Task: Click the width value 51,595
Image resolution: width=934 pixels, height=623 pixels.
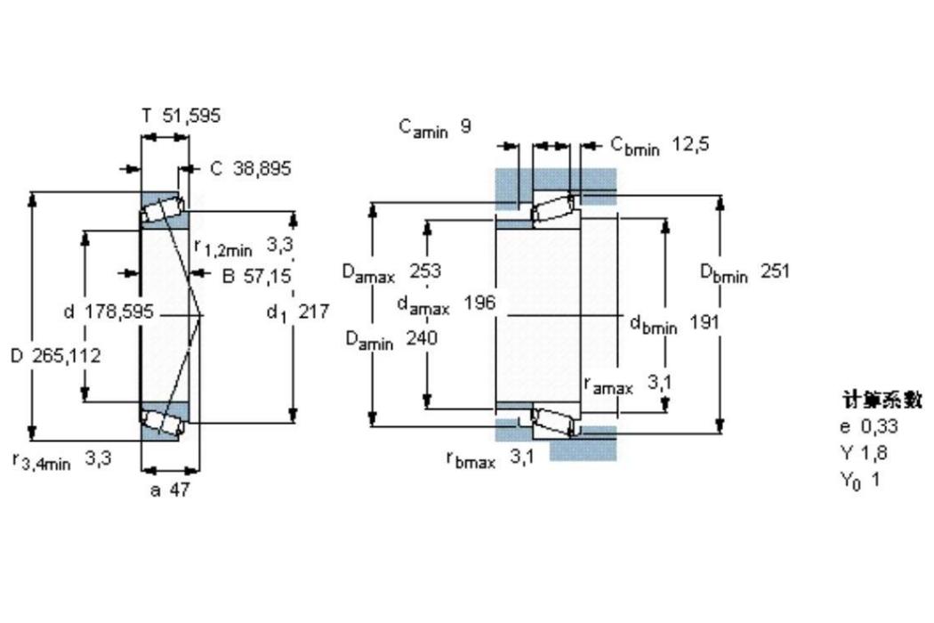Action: point(191,115)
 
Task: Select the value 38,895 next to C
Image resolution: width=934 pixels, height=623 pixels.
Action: point(262,169)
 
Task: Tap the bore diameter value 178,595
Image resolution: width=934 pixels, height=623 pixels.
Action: point(119,311)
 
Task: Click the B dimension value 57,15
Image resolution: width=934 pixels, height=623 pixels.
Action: point(266,276)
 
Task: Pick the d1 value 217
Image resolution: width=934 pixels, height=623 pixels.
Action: point(313,311)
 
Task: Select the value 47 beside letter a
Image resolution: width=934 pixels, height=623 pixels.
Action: point(180,489)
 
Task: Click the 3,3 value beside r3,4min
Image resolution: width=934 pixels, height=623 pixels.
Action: point(98,458)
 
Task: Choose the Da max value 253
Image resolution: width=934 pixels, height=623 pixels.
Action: point(425,271)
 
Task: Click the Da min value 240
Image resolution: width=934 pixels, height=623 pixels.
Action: point(422,338)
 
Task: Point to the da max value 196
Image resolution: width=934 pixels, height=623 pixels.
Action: point(480,303)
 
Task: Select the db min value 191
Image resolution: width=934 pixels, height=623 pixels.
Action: point(705,322)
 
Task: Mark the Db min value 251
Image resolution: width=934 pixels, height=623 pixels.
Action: point(775,271)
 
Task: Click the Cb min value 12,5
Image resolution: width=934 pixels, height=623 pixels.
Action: point(691,143)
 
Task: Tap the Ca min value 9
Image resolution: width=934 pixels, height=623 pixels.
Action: point(465,125)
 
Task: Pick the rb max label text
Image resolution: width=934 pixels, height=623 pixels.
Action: point(471,459)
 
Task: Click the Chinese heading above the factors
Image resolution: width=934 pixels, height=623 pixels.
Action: point(882,400)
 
